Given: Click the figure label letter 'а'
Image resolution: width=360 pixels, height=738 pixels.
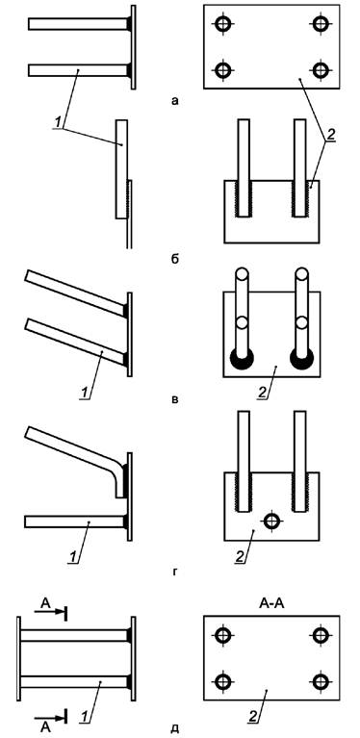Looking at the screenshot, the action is click(x=175, y=100).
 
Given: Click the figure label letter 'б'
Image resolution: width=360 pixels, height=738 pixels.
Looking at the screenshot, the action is click(x=175, y=259).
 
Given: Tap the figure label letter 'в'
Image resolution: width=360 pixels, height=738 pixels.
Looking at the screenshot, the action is click(x=174, y=400).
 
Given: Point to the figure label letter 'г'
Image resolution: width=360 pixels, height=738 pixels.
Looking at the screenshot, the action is click(x=174, y=573).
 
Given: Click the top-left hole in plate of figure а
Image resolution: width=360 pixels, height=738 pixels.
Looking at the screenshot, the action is click(x=222, y=23).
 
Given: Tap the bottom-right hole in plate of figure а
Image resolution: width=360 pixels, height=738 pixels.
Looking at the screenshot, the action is click(x=321, y=70).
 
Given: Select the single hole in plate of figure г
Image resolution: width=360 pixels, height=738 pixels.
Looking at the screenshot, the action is click(x=271, y=521).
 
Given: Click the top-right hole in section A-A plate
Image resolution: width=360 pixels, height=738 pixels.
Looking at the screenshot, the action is click(x=321, y=635).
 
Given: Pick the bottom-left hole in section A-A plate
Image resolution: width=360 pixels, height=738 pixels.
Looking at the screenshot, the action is click(x=222, y=681).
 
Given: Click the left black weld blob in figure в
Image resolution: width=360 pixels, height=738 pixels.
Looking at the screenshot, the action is click(x=242, y=360).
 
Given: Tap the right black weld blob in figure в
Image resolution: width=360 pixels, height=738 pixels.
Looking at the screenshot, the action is click(x=302, y=360).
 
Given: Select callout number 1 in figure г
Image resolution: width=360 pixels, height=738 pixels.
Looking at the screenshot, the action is click(x=72, y=557).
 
